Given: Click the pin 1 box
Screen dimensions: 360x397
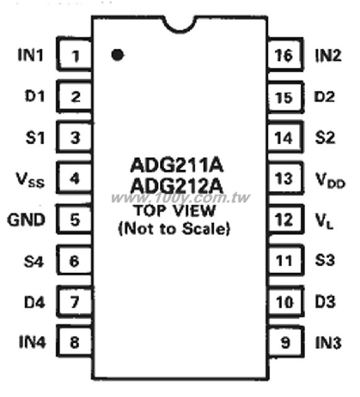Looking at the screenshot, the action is coord(74,54).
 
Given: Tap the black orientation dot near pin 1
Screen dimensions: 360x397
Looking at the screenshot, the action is coord(117,55).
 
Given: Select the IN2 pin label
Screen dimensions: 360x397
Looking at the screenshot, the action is coord(328,55).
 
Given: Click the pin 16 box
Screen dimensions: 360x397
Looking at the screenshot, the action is coord(286,55).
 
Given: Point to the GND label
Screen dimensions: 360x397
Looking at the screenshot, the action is coord(26,220).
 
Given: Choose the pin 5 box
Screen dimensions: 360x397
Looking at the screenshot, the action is coord(74,219).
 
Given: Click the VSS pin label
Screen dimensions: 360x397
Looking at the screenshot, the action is coord(30,179).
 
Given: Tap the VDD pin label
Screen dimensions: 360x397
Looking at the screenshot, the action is coord(330,180).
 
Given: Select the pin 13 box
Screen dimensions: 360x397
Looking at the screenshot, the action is coord(286,178).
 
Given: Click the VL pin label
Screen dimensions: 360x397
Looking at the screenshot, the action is coord(324,221).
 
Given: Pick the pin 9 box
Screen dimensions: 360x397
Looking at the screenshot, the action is coord(286,342).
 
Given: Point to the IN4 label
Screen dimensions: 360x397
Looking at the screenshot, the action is coord(32,342).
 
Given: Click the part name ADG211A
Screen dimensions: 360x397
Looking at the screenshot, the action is coord(177,166).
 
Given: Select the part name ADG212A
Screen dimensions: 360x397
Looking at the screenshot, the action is coord(177,185).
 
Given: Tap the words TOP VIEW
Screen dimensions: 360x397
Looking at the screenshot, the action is coord(175,210).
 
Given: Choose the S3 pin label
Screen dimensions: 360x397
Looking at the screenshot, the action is coord(325,260).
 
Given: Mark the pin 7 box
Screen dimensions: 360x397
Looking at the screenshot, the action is coord(74,301).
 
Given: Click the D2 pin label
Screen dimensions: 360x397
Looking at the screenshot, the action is coord(324,97).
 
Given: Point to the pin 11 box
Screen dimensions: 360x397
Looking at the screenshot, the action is coord(286,260).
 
